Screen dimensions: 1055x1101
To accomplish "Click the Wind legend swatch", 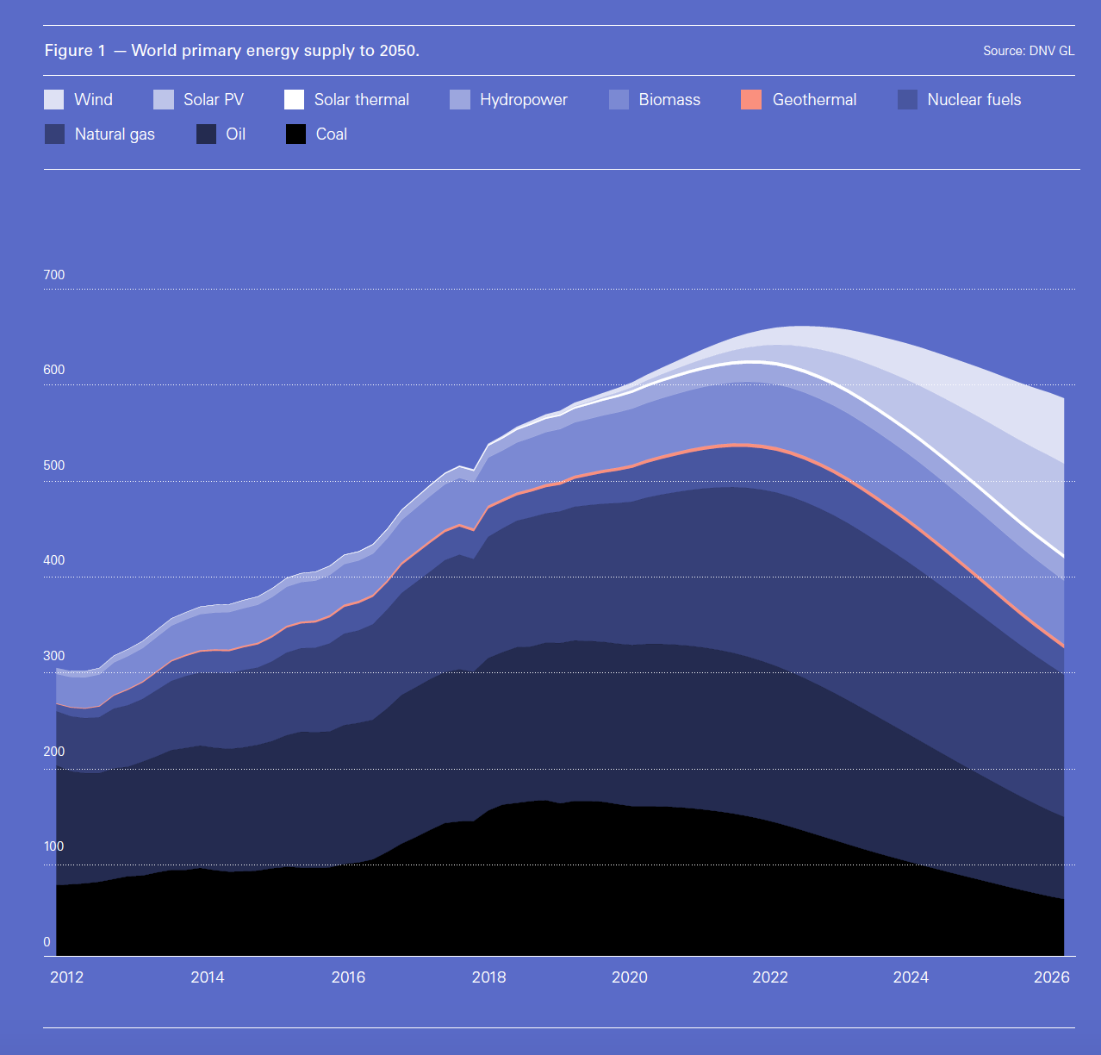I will (x=53, y=100).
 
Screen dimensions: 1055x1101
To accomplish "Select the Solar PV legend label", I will (x=213, y=100).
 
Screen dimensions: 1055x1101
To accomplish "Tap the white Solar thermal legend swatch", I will (x=294, y=100).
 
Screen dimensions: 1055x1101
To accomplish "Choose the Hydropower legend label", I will (x=523, y=100).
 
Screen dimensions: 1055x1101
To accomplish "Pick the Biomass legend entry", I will (x=669, y=100).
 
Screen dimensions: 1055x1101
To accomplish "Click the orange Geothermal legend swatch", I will (x=751, y=100).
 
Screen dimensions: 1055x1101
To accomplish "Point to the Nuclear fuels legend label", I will (x=973, y=100).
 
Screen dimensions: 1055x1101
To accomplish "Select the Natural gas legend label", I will (x=115, y=134).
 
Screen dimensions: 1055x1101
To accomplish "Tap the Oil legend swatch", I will (x=206, y=134).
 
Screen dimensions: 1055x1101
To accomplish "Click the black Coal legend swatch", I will (x=295, y=134).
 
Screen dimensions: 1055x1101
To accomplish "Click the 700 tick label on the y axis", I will (x=53, y=275).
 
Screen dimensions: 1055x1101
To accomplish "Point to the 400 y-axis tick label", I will (x=53, y=560).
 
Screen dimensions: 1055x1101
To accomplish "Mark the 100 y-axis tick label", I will (x=53, y=846).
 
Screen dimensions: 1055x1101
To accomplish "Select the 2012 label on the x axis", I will (x=66, y=977).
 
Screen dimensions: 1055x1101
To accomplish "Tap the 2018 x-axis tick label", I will (x=488, y=977).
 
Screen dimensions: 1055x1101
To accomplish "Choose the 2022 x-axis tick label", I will (x=770, y=977).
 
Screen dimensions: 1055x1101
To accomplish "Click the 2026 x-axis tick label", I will (x=1051, y=977).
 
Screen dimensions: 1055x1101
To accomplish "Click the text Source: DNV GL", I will (x=1029, y=51).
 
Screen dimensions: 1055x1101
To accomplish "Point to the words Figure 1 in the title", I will (x=75, y=51).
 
